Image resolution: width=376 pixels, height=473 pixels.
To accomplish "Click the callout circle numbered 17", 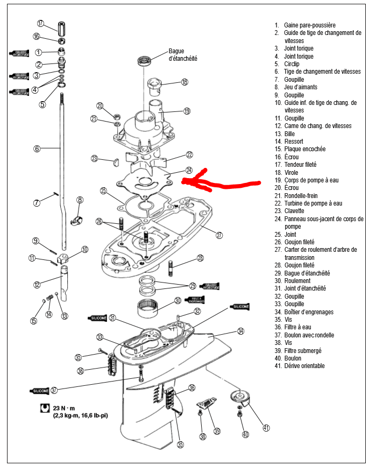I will pos(40,23).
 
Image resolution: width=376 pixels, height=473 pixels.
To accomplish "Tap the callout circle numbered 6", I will pos(37,149).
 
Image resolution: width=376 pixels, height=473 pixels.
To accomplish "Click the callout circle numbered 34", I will pos(240,331).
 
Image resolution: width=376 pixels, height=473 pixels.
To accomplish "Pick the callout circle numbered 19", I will pos(187,111).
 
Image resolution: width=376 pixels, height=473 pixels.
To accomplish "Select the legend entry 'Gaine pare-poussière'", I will pos(309,25).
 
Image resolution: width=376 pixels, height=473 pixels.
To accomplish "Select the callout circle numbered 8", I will pos(80,200).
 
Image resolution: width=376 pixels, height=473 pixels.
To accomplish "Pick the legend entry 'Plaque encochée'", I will pos(307,149).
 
